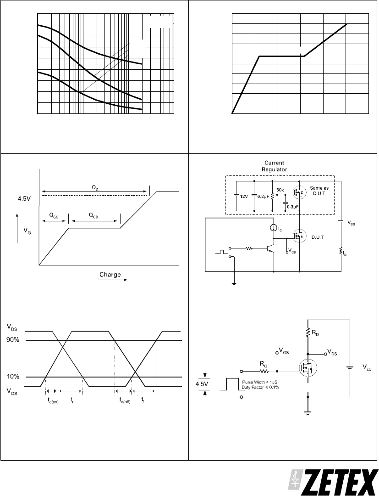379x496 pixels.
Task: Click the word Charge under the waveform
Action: [110, 275]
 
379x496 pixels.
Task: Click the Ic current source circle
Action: [274, 227]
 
